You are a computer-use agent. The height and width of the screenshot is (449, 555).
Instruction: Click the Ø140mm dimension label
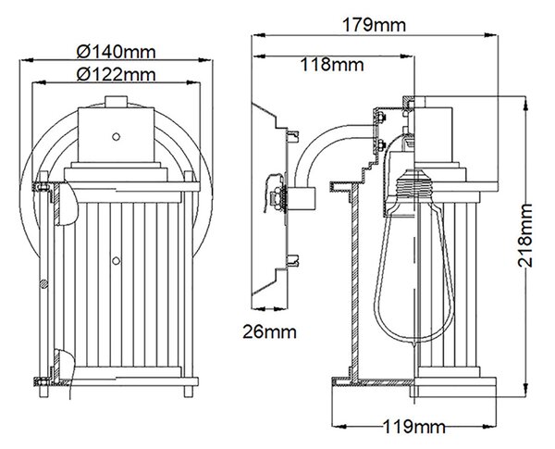[117, 52]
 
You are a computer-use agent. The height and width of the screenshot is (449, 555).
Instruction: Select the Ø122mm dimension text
[117, 74]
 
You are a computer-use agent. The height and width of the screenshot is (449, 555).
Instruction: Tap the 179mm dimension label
[374, 25]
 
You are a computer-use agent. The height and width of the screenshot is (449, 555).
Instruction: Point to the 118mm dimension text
[332, 65]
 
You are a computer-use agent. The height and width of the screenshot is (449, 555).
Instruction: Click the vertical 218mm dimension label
[524, 235]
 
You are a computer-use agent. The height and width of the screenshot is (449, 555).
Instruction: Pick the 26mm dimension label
[269, 332]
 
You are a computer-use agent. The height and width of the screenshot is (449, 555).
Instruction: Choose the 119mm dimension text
[413, 427]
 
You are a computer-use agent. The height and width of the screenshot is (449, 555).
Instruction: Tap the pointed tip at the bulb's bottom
[413, 344]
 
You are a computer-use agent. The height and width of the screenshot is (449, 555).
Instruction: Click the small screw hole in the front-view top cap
[116, 136]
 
